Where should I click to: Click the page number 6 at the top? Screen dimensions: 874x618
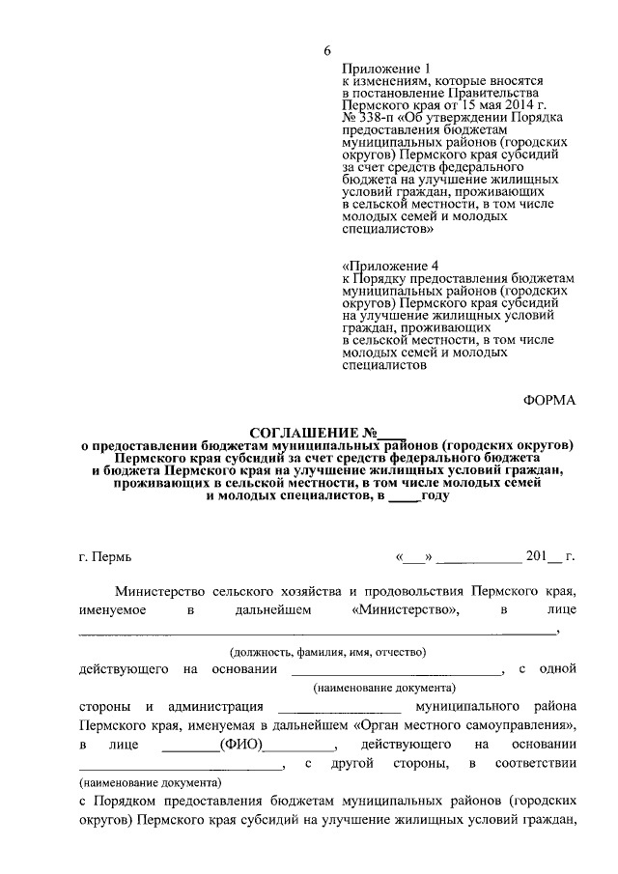click(327, 51)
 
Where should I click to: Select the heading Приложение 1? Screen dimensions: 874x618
click(385, 70)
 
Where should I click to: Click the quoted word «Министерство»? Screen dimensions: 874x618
click(405, 610)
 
